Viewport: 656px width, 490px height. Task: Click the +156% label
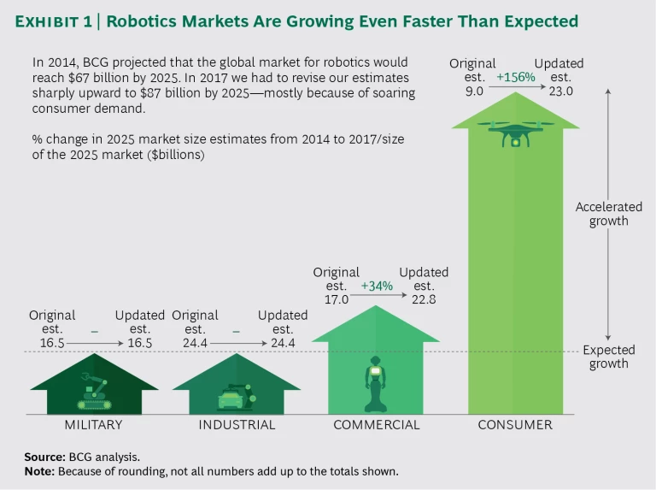[515, 77]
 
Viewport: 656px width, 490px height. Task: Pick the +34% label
[377, 286]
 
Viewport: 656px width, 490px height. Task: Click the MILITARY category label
[93, 425]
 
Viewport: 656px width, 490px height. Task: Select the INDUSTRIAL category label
[237, 425]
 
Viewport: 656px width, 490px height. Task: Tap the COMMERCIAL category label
[377, 425]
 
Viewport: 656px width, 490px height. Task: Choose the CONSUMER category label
[515, 425]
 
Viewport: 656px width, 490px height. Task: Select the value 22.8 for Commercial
[424, 300]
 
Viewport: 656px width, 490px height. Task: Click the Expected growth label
[608, 357]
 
